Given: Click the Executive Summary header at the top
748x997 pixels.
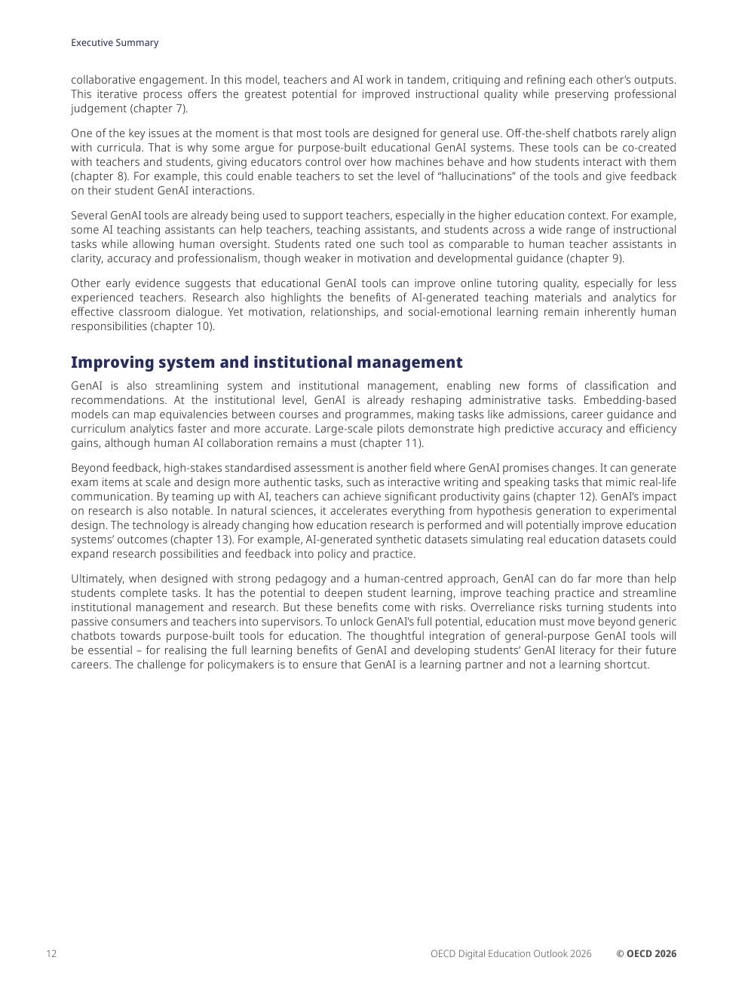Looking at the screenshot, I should coord(115,43).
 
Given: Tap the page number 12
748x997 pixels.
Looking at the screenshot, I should coord(51,953).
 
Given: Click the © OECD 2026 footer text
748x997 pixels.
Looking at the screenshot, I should coord(646,953).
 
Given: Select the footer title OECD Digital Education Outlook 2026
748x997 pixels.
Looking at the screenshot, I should coord(510,953).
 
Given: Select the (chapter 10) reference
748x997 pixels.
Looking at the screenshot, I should coord(182,326).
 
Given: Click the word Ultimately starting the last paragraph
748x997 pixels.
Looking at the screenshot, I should coord(97,579).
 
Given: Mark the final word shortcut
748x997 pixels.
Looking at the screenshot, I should coord(626,665).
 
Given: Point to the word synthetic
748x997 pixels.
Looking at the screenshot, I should coord(353,540).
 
